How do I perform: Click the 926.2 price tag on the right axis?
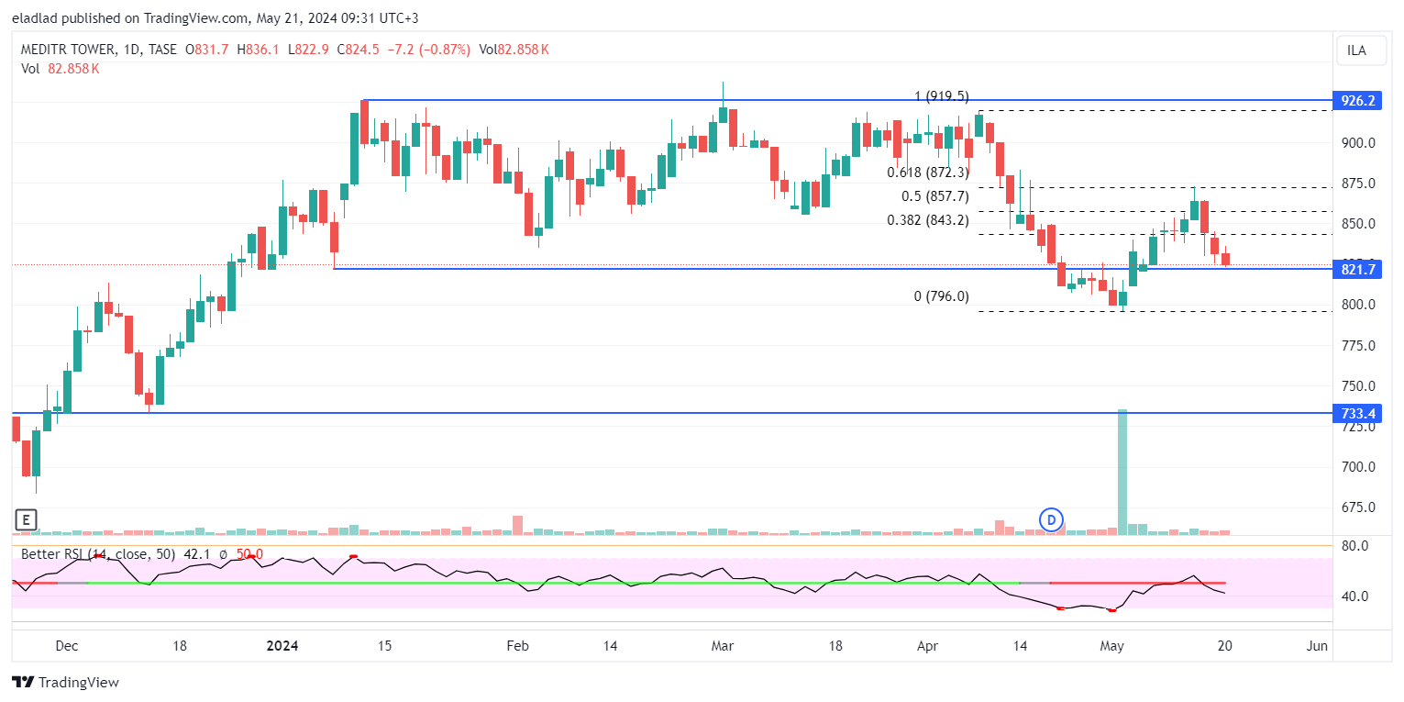(x=1357, y=100)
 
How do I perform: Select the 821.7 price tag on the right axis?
(x=1357, y=269)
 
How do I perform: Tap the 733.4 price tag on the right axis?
(x=1357, y=413)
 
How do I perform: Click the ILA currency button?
(x=1356, y=50)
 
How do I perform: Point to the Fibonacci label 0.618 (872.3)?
(x=927, y=172)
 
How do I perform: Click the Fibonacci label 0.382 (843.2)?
(x=927, y=220)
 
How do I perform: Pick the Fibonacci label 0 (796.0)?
(x=941, y=296)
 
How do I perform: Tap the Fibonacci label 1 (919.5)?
(x=941, y=96)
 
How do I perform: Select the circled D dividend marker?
(x=1051, y=520)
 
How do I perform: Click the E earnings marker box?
(x=26, y=520)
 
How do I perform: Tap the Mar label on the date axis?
(x=724, y=646)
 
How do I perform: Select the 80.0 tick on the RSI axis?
(x=1354, y=546)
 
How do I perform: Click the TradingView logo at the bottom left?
(x=65, y=683)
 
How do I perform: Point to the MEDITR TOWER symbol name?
(x=69, y=50)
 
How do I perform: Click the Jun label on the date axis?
(x=1316, y=646)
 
